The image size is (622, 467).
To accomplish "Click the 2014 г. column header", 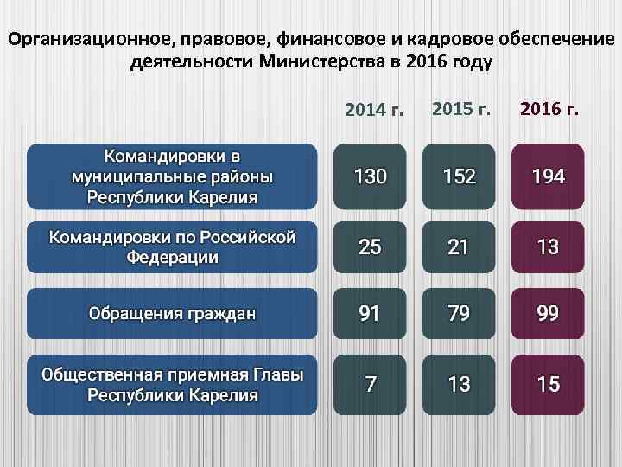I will pos(374,110).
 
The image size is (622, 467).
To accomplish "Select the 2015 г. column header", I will pos(460,109).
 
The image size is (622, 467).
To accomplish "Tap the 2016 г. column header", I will pos(549,109).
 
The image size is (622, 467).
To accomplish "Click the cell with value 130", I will pos(370,177).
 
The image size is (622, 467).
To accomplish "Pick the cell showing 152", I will pos(459,177).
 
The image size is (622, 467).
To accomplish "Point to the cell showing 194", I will pos(548,177).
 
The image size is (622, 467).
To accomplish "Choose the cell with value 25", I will pos(370,246).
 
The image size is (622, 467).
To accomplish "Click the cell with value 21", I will pos(459,246).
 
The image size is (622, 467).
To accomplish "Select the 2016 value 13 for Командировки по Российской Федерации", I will pos(548,246).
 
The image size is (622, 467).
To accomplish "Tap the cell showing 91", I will pos(370,313).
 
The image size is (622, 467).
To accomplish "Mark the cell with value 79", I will pos(459,313).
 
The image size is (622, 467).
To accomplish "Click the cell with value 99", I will pos(548,313).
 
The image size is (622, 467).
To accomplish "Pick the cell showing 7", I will pos(370,384).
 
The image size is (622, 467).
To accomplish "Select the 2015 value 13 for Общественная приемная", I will pos(459,384).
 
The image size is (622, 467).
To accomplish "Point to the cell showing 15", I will pos(548,384).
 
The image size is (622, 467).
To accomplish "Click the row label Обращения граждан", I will pos(172,313).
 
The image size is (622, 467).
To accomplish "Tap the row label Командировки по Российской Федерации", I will pos(172,246).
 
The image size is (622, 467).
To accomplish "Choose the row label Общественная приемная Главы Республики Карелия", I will pos(172,384).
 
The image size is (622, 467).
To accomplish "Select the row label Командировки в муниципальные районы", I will pos(172,177).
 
